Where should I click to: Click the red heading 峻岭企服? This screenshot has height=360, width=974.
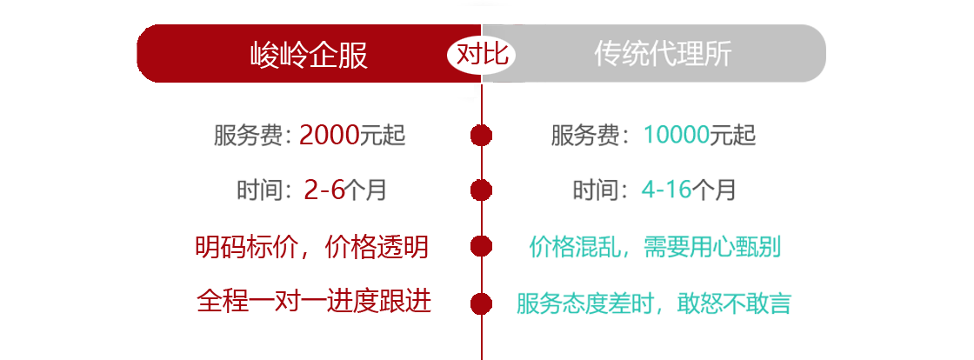coord(310,55)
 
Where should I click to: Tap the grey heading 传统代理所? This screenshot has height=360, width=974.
coord(663,54)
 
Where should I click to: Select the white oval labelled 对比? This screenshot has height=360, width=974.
coord(482,55)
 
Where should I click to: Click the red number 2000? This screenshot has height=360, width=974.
coord(330,135)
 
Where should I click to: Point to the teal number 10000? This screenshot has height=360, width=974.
coord(677,135)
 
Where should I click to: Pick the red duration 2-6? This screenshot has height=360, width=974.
coord(324,190)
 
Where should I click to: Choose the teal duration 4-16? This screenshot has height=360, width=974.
coord(666,190)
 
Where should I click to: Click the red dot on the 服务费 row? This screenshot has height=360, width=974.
coord(482,136)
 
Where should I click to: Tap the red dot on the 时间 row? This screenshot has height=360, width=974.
coord(482,190)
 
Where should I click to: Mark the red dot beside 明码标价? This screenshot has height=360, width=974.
coord(482,246)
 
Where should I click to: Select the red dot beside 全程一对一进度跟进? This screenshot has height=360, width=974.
coord(482,303)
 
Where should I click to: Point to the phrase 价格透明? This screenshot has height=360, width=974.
coord(377,247)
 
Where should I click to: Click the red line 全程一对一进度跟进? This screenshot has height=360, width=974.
coord(314,303)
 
